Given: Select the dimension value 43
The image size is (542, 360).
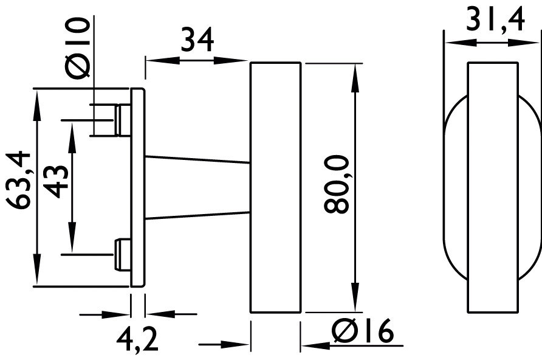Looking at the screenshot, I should click(56, 181).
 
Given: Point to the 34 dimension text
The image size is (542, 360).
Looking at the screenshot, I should click(197, 41).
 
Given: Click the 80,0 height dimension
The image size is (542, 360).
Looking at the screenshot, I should click(337, 184).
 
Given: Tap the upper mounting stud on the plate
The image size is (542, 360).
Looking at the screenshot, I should click(123, 119).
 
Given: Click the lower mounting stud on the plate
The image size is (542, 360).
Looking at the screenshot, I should click(123, 254).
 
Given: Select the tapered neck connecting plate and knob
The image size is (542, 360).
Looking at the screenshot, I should click(197, 187).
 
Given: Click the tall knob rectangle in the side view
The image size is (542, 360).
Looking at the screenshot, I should click(275, 187).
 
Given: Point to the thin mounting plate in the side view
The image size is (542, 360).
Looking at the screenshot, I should click(138, 187).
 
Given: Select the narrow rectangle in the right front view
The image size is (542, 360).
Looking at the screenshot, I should click(493, 187).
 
